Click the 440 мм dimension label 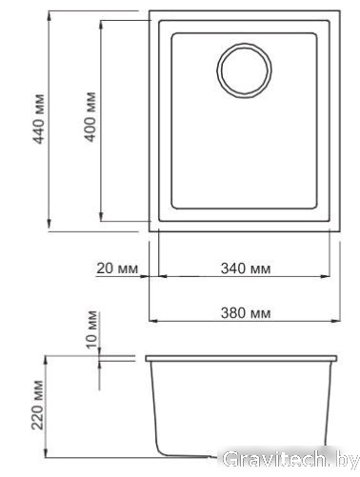point(39,119)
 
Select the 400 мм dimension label point(90,116)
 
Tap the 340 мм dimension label point(246,268)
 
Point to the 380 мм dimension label point(246,313)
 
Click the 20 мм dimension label point(117,268)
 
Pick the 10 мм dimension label point(92,329)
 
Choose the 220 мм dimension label point(37,405)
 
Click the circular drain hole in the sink point(244,70)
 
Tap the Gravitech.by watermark point(290,459)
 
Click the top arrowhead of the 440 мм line point(49,16)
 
